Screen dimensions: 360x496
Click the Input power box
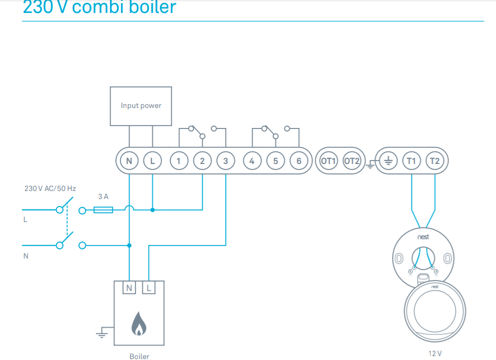tap(141, 106)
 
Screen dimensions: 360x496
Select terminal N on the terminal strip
tap(129, 161)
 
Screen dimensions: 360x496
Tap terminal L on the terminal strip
tap(152, 161)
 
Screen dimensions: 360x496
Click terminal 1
tap(179, 161)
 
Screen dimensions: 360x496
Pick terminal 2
tap(202, 161)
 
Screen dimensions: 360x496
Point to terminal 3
tap(226, 161)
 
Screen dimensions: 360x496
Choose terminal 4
tap(252, 161)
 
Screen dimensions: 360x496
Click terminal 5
tap(275, 161)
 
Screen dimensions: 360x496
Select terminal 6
tap(299, 161)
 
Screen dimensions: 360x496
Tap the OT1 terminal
tap(328, 161)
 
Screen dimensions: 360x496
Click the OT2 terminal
tap(352, 161)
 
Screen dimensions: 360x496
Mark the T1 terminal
tap(411, 161)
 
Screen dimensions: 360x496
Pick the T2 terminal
tap(435, 161)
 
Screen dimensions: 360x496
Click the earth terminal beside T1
tap(388, 161)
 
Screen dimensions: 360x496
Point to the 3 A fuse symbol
tap(103, 210)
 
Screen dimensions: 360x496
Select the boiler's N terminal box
tap(129, 287)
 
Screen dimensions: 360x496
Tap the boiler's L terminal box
tap(148, 287)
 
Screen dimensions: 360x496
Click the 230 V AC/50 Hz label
tap(50, 189)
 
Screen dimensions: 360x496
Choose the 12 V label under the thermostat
tap(435, 353)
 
